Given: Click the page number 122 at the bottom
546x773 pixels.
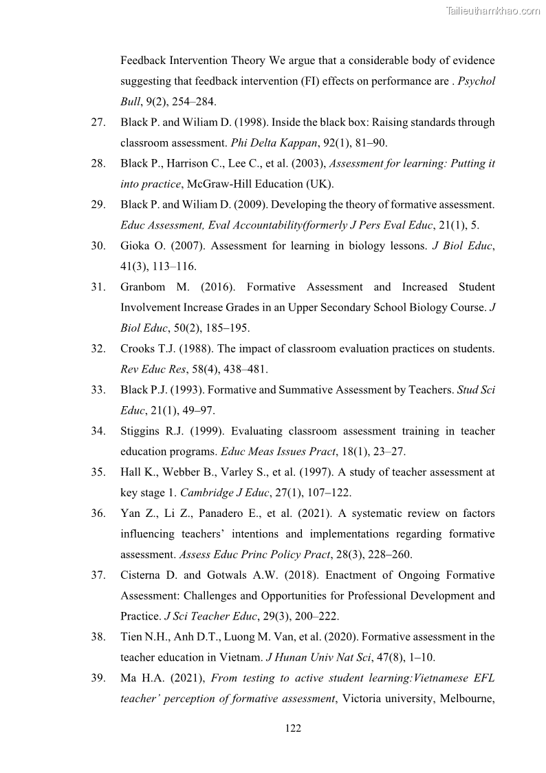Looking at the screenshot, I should tap(294, 729).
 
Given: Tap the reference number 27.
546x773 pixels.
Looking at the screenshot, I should tap(98, 123).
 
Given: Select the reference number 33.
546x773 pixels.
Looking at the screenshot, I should tap(98, 390).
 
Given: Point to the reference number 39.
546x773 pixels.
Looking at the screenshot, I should tap(98, 679).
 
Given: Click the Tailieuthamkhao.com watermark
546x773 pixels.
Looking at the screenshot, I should tap(493, 10).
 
